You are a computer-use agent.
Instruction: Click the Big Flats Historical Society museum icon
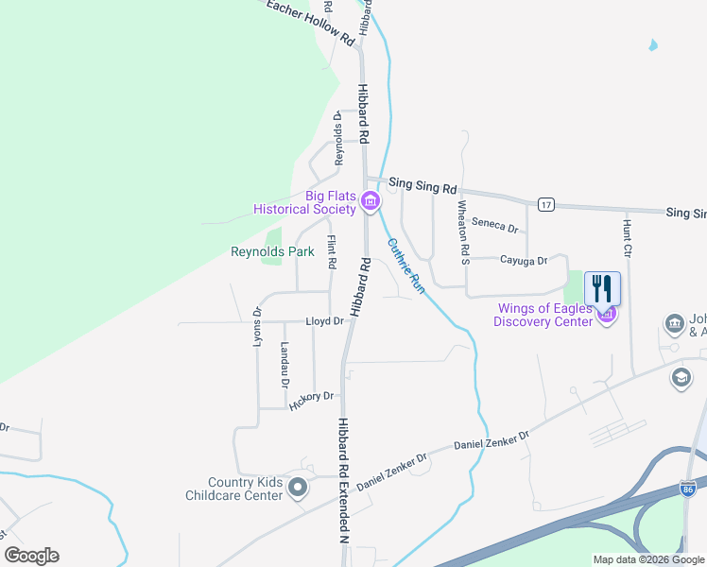tap(370, 201)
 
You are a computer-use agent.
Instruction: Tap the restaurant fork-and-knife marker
tap(603, 288)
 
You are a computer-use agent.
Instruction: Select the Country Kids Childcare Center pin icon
tap(298, 488)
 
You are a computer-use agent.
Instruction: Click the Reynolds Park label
tap(272, 252)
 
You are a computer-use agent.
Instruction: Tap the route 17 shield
tap(545, 204)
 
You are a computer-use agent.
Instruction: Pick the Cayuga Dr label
tap(524, 260)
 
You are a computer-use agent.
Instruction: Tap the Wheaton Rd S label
tap(462, 232)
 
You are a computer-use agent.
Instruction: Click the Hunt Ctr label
tap(627, 239)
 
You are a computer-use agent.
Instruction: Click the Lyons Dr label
tap(257, 326)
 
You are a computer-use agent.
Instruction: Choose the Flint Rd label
tap(332, 253)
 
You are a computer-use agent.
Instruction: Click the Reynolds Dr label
tap(337, 137)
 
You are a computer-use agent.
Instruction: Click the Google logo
tap(31, 556)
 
